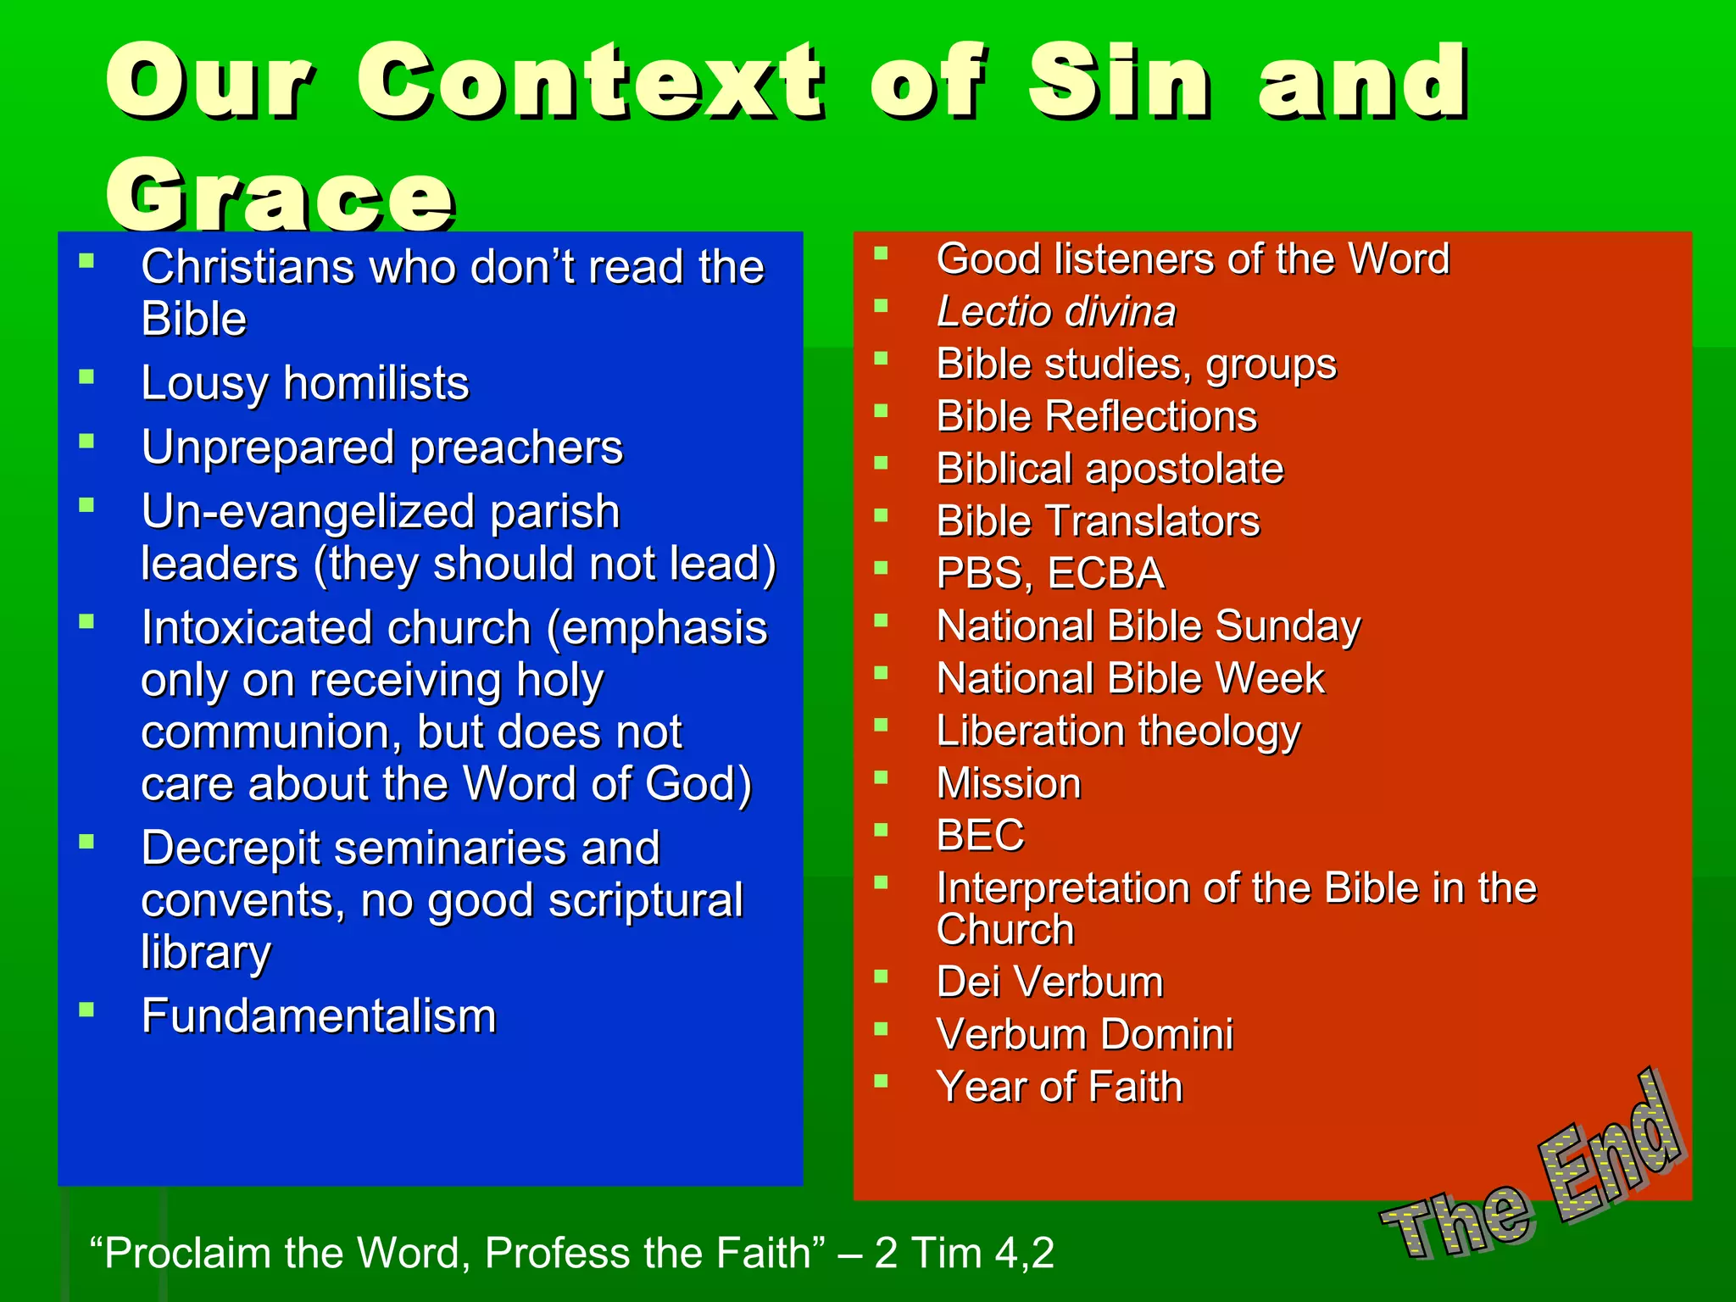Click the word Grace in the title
pos(280,195)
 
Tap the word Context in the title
pos(589,82)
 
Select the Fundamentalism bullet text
pos(319,1016)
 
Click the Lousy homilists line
pos(305,383)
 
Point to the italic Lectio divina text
pos(1056,312)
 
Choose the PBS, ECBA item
pos(1050,574)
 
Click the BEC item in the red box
pos(981,836)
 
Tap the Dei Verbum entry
pos(1050,982)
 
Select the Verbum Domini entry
pos(1084,1035)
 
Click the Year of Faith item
pos(1060,1088)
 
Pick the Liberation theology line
pos(1118,732)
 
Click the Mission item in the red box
pos(1009,783)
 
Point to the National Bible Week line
pos(1130,679)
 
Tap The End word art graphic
pos(1534,1174)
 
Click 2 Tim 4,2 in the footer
pos(965,1253)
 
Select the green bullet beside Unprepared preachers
pos(86,441)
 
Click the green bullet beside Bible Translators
pos(882,515)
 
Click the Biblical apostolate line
pos(1110,470)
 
